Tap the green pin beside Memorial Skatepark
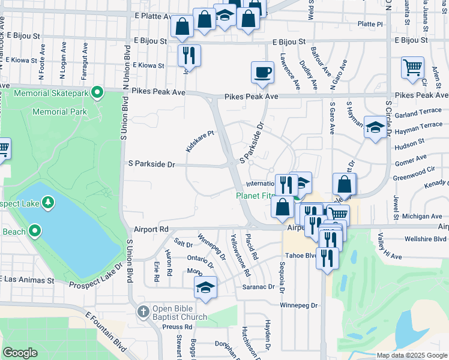pos(95,93)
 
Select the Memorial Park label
pos(59,112)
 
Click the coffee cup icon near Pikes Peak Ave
pos(262,73)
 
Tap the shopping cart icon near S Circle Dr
pos(412,68)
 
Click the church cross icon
pos(142,311)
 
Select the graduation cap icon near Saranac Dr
pos(205,287)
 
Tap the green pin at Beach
pos(35,230)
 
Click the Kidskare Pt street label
pos(199,142)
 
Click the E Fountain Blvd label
pos(106,332)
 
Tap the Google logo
pos(20,353)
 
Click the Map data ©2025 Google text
pos(411,355)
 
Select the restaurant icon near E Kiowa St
pos(189,56)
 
